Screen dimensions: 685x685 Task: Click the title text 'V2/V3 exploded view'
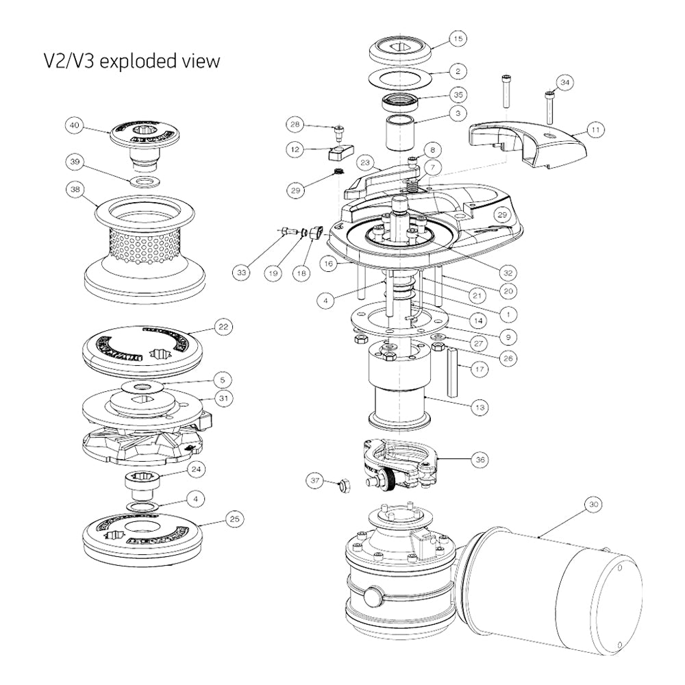(132, 61)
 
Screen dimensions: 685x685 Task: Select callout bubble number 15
(457, 39)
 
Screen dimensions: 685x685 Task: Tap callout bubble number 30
(593, 505)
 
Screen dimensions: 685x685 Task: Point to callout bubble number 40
(74, 125)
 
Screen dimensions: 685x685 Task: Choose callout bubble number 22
(222, 327)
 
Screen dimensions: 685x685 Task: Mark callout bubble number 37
(316, 482)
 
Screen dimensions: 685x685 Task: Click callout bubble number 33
(241, 273)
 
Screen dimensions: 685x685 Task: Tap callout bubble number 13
(482, 407)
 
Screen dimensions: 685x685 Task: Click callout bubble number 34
(564, 83)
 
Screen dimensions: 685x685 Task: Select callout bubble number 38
(74, 187)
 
